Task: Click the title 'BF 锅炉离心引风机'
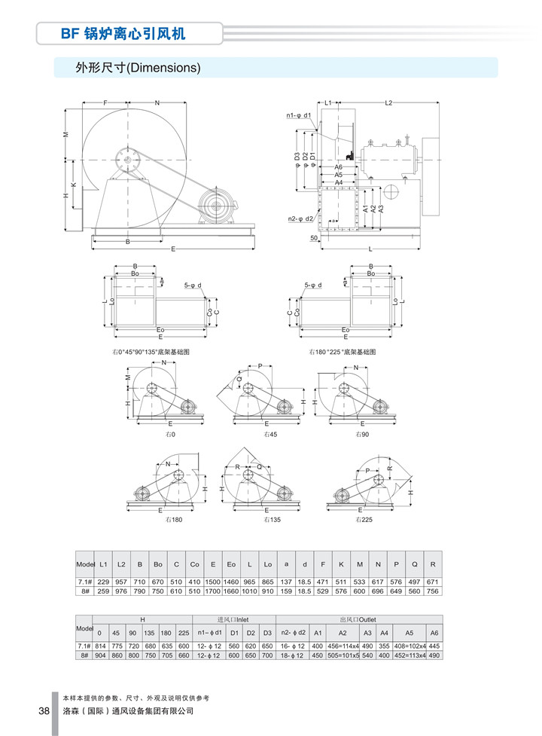click(123, 34)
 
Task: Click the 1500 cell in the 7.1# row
click(213, 582)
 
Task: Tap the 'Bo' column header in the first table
click(157, 564)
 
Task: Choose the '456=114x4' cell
click(342, 646)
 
